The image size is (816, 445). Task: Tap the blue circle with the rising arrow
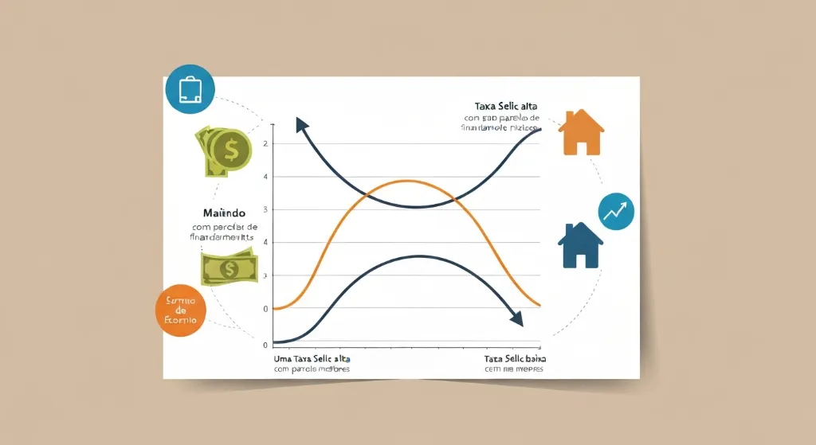[616, 211]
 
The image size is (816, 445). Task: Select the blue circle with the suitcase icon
[190, 89]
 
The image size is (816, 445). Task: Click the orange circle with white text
[181, 310]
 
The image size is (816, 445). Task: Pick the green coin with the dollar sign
[231, 150]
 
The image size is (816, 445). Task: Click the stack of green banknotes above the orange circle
[229, 268]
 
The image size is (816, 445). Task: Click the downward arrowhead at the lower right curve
[516, 319]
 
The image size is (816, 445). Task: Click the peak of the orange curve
[406, 181]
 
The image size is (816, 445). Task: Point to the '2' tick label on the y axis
[265, 143]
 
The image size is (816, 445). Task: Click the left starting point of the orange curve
[275, 308]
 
